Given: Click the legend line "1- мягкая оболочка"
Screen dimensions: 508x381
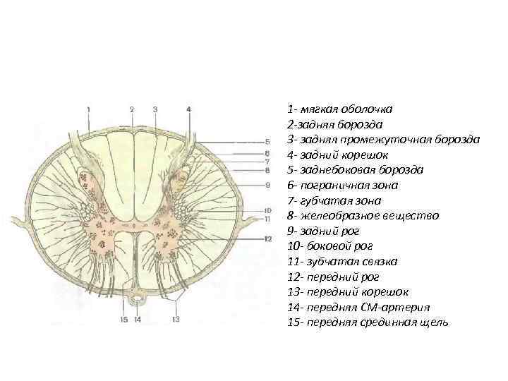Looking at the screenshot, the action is click(x=340, y=109).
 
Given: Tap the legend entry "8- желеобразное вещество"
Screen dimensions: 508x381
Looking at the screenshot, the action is click(x=363, y=215).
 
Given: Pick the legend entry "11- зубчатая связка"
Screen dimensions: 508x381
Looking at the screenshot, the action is click(x=342, y=261).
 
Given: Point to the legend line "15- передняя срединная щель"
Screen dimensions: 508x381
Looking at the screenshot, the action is click(x=368, y=322).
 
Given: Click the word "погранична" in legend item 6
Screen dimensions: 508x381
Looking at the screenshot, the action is click(x=334, y=185).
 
